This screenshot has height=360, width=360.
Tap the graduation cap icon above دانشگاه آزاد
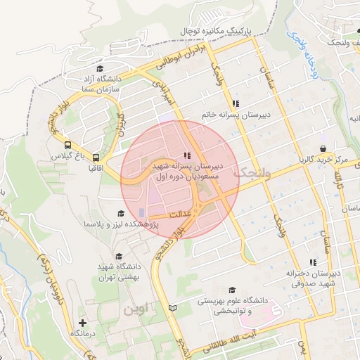[x=101, y=70]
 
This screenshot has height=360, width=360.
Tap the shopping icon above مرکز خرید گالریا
[x=322, y=148]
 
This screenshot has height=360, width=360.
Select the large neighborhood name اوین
[x=133, y=308]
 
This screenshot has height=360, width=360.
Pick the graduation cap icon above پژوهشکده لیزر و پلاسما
[x=120, y=213]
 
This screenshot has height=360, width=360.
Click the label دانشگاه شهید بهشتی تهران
[x=117, y=276]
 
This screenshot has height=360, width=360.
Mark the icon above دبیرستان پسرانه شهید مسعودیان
[x=186, y=155]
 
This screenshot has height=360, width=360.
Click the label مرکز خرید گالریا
[x=322, y=160]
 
